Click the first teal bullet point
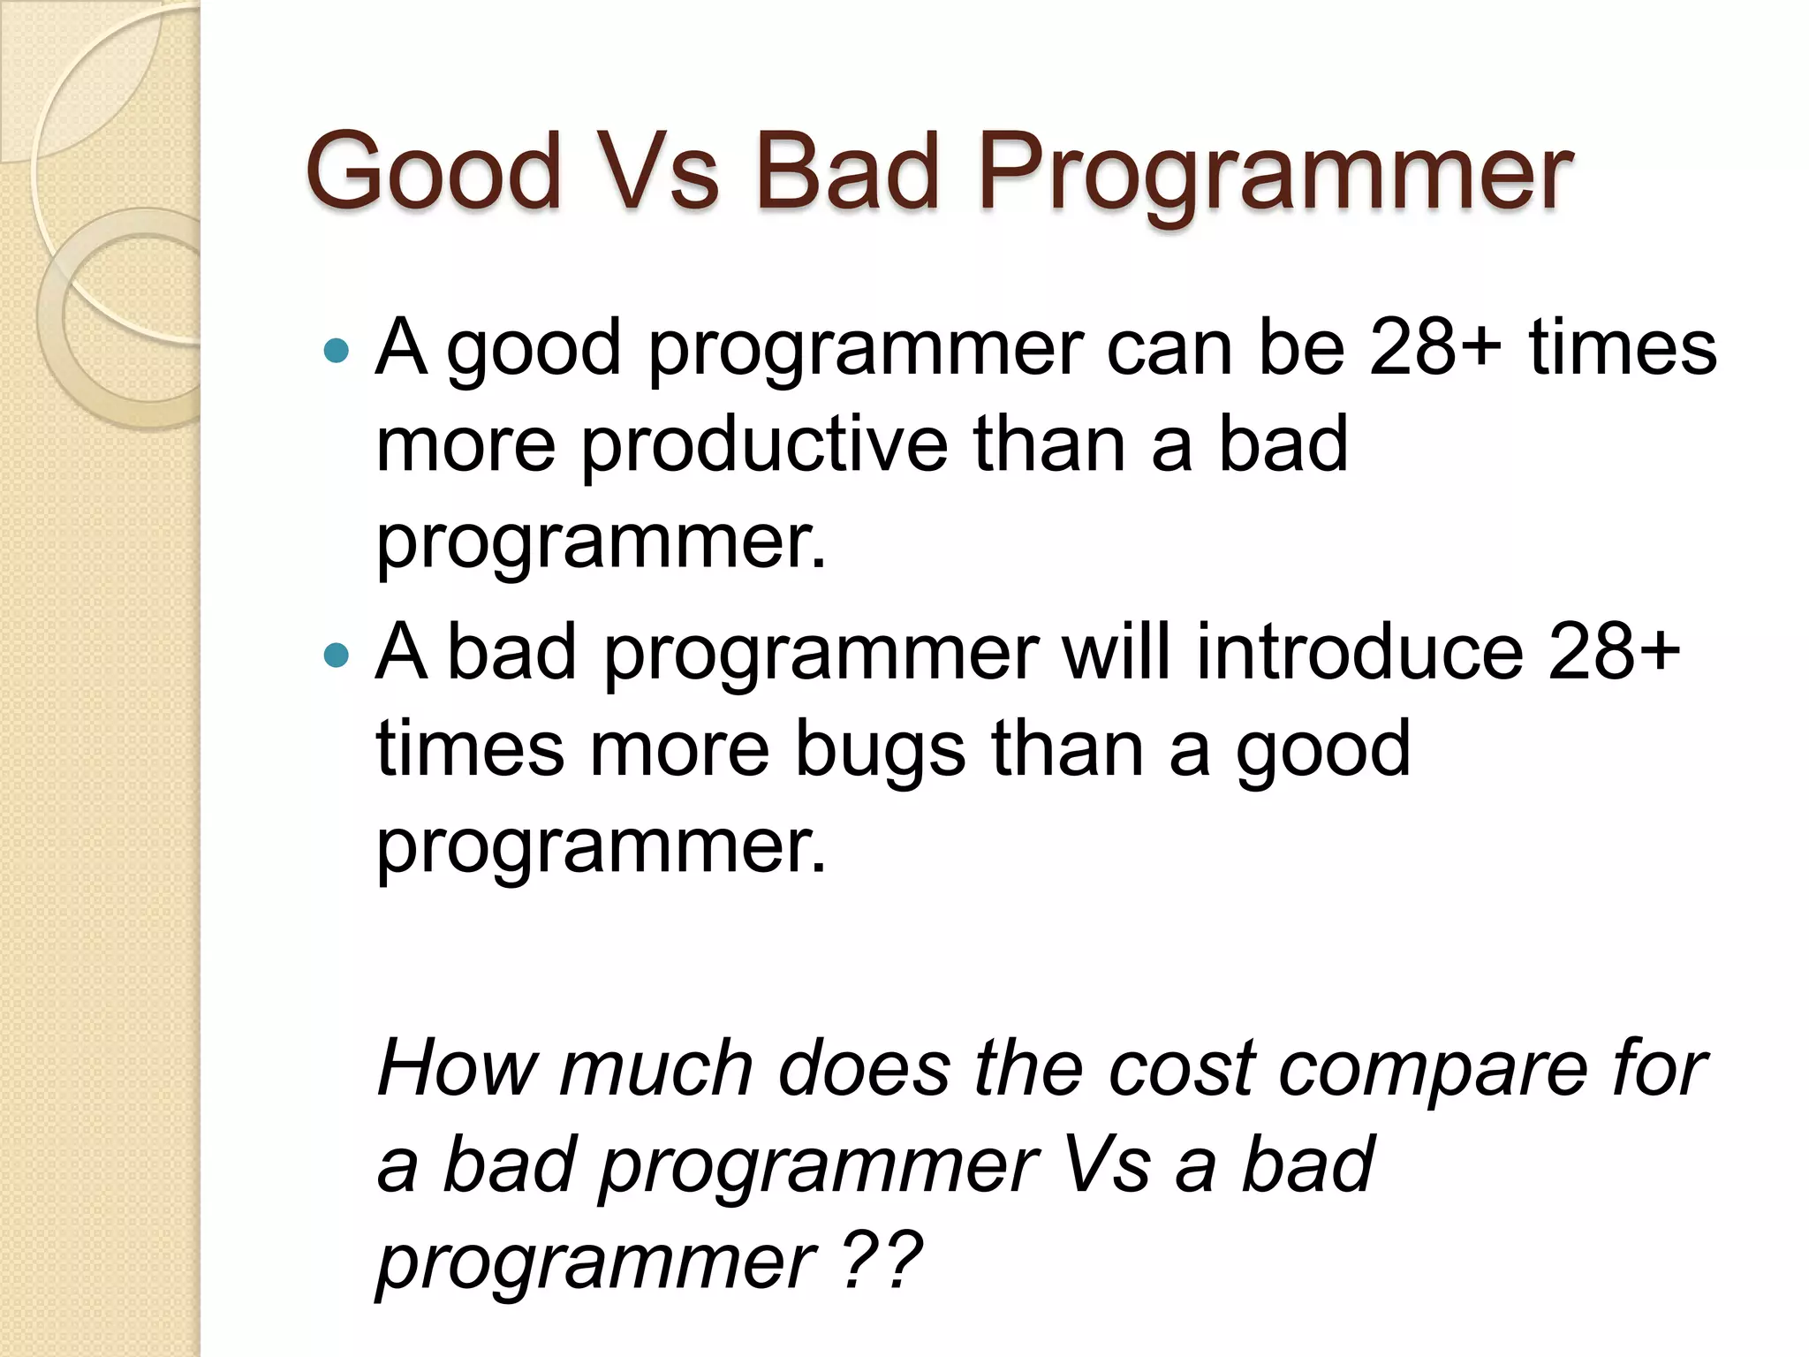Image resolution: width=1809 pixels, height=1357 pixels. (337, 351)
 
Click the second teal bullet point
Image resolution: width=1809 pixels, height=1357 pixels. (337, 655)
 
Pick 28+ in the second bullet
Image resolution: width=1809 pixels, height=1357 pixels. (1613, 651)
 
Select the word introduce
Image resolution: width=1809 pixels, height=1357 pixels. (1359, 651)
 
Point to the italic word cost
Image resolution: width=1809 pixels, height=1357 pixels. (1182, 1068)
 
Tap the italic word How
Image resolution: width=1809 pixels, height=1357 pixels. (456, 1068)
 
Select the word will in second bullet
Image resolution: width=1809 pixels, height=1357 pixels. (1116, 651)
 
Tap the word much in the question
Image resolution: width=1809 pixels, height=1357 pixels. (655, 1068)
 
